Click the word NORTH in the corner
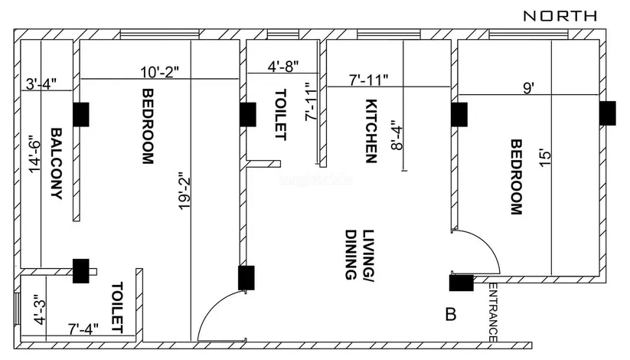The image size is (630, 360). [560, 16]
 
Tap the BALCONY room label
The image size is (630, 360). [56, 164]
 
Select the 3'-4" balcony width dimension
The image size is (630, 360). [41, 84]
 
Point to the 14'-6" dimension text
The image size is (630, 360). [34, 156]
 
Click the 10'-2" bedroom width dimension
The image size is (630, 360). [159, 72]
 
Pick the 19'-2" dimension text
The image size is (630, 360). [184, 191]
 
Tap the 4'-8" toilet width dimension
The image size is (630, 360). [283, 66]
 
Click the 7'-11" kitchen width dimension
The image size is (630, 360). [368, 80]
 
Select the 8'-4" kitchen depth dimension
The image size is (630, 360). [397, 135]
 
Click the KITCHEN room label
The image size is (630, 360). [371, 131]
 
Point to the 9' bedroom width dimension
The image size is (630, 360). [529, 88]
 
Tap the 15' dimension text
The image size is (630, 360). [544, 159]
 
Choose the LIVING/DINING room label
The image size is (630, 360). [360, 254]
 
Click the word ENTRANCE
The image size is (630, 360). [494, 313]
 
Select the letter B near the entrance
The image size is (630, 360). [451, 314]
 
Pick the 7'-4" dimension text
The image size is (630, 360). [83, 329]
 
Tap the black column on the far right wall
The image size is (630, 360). [608, 113]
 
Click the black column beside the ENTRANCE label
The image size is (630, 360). [462, 283]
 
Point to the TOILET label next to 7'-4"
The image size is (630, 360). [117, 307]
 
